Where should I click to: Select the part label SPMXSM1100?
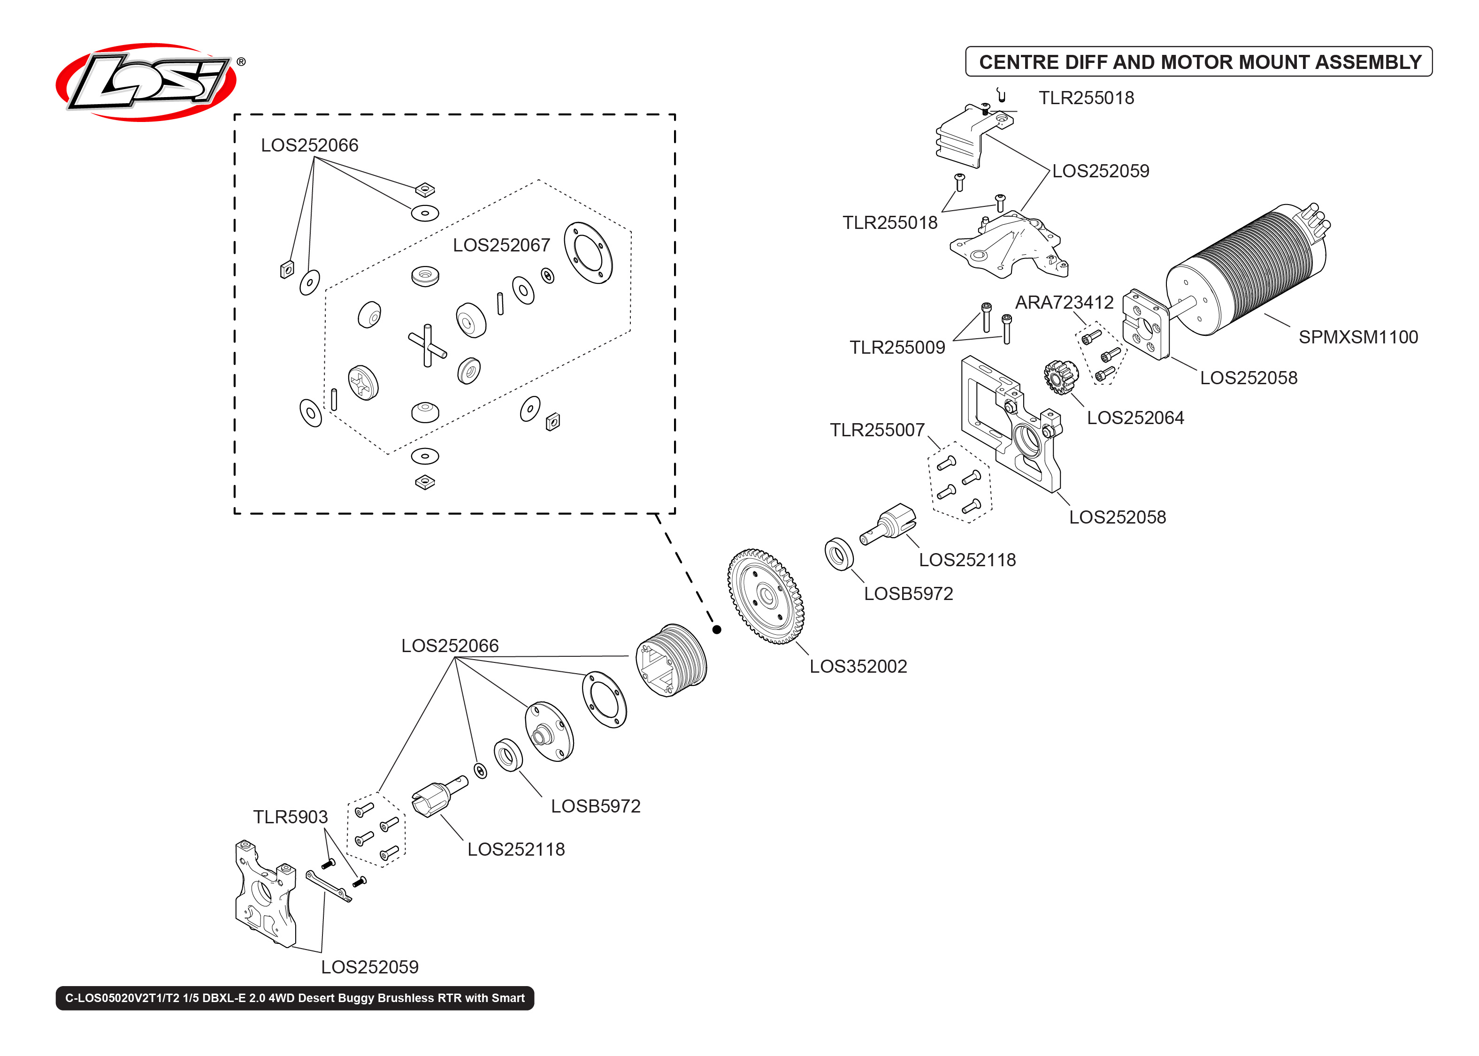[x=1357, y=337]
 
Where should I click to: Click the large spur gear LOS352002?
[x=765, y=596]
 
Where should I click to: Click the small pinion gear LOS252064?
[x=1060, y=377]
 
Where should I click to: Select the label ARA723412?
[x=1064, y=303]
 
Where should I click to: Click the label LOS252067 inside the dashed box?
[x=501, y=245]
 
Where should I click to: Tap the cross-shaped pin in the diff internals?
[x=427, y=345]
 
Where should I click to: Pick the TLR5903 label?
[x=290, y=817]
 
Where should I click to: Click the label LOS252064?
[x=1135, y=418]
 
